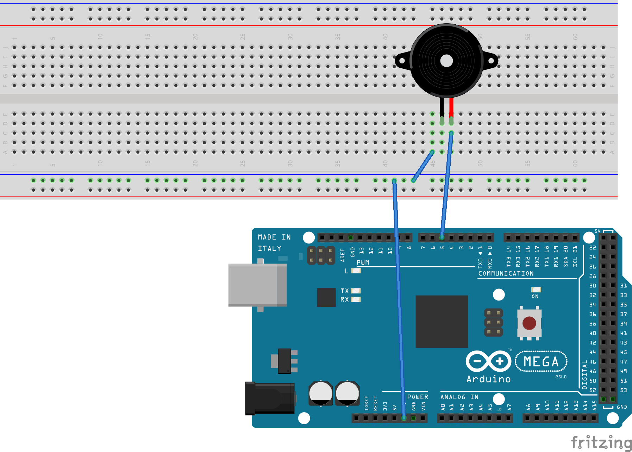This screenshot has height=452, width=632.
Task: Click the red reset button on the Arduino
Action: point(529,323)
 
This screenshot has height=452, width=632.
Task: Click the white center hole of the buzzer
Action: point(446,61)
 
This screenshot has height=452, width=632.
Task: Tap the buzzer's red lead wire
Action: point(451,107)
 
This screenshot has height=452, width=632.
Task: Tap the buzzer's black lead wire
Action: point(442,107)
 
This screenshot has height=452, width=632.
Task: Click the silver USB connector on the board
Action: point(257,285)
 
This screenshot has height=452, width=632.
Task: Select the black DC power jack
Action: point(270,398)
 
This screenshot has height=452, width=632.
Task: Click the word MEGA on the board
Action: point(541,362)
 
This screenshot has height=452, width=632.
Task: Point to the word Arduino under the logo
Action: point(488,379)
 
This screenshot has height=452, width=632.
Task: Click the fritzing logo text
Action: point(601,442)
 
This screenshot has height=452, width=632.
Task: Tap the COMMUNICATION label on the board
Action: point(506,273)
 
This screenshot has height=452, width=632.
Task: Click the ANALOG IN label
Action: point(459,397)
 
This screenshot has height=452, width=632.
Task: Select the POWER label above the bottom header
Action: point(418,397)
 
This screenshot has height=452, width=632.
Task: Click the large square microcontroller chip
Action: point(442,321)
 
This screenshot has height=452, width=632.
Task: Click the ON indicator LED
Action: point(536,290)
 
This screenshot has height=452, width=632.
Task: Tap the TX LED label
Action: point(344,291)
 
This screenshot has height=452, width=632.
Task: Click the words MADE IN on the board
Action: point(274,237)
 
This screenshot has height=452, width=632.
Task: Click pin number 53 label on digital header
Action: point(623,390)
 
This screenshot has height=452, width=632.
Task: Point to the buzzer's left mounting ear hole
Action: point(402,61)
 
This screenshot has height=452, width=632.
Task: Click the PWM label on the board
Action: point(363,262)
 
